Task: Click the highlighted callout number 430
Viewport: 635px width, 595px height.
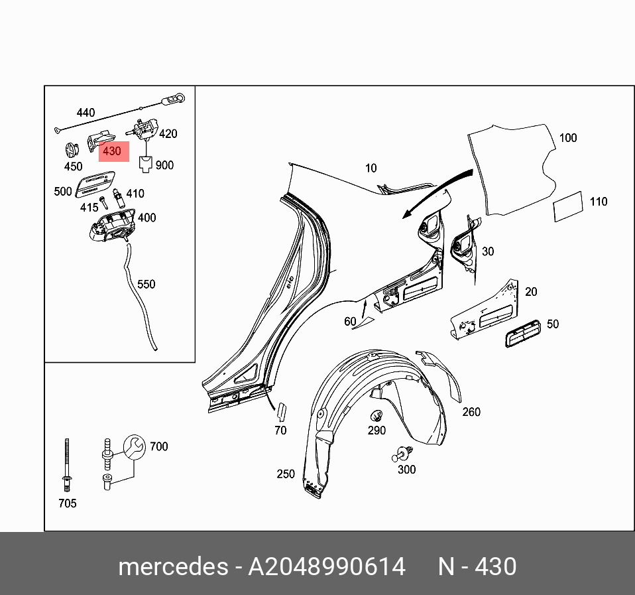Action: coord(113,151)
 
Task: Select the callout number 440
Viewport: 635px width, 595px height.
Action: coord(86,113)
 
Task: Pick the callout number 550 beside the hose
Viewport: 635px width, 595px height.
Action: coord(146,285)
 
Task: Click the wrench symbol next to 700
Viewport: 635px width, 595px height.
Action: coord(135,446)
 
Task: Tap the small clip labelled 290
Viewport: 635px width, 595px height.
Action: coord(376,417)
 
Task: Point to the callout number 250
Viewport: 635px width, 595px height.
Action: coord(286,474)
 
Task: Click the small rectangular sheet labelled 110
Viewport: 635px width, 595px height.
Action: coord(568,207)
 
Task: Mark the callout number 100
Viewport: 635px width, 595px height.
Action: coord(568,138)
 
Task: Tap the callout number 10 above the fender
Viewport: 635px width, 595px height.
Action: coord(371,168)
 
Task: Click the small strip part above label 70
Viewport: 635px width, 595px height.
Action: coord(280,412)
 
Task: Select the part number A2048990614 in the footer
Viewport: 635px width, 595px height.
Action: coord(327,567)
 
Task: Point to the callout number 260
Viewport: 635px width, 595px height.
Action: coord(471,412)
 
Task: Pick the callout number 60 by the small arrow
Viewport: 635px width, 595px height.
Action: coord(350,322)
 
